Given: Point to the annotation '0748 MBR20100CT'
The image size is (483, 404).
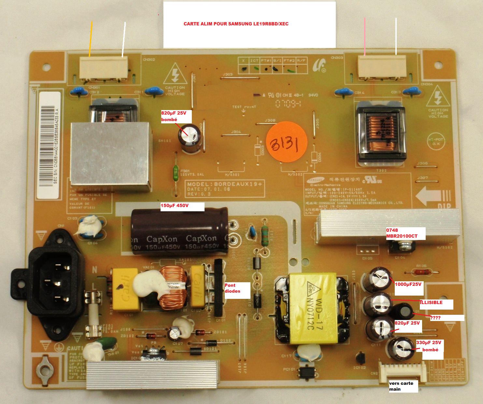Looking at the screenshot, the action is point(405,233).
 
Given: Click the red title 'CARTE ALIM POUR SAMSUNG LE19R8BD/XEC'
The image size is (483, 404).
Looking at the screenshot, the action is point(236,24).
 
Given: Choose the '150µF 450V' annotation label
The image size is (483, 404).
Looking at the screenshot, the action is point(182,206).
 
